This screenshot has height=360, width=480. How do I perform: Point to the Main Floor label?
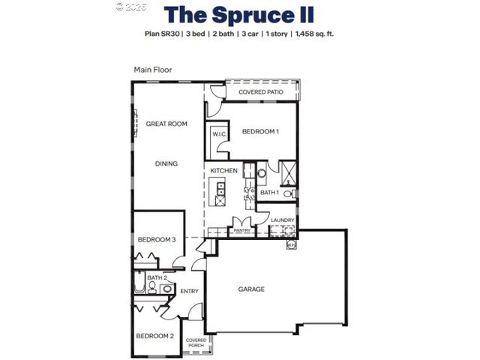153,70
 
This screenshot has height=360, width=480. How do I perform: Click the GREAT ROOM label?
166,124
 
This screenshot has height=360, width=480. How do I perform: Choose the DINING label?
166,163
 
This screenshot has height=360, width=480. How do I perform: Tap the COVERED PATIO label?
260,92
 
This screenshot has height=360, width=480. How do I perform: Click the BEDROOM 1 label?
260,132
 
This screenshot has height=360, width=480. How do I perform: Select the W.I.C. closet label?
219,134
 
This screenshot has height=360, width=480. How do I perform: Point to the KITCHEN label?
223,171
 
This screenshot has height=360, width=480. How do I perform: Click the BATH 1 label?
269,193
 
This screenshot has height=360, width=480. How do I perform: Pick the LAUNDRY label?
283,220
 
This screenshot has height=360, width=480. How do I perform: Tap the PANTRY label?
241,231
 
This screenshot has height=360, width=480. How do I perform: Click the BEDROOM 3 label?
157,240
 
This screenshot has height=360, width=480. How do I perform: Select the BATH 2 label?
156,278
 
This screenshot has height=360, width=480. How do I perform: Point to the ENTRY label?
189,291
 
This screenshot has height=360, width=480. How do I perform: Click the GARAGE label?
251,289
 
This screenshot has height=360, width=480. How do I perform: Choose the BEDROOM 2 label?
155,335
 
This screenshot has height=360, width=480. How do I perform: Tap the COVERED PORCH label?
196,343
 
